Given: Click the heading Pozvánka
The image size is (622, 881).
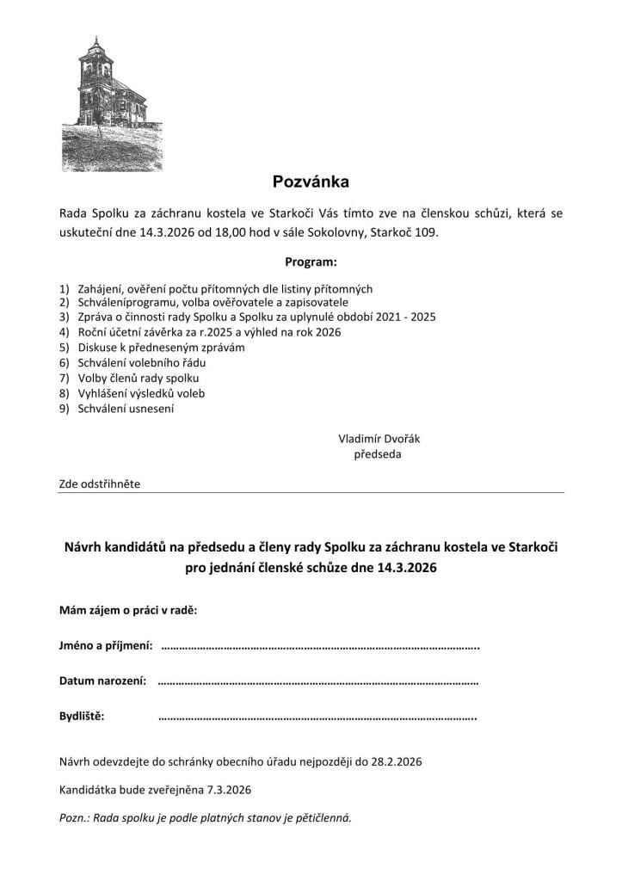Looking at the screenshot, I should (311, 182).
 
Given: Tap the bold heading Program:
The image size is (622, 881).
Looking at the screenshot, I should (311, 261).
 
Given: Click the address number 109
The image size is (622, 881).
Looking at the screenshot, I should (425, 233).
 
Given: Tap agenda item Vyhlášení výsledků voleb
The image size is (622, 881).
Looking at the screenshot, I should (141, 393).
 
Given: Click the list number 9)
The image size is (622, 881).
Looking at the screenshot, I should (65, 409).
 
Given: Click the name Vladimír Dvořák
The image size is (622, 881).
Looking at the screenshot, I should (379, 438).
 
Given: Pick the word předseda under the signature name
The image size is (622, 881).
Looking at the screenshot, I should (378, 453).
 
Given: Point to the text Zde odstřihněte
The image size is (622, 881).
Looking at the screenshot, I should (99, 484).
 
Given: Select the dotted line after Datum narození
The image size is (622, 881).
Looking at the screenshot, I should (318, 681).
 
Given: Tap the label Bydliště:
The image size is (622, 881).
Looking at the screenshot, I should (82, 716).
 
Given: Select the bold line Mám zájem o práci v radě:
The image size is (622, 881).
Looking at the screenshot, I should (127, 610).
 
